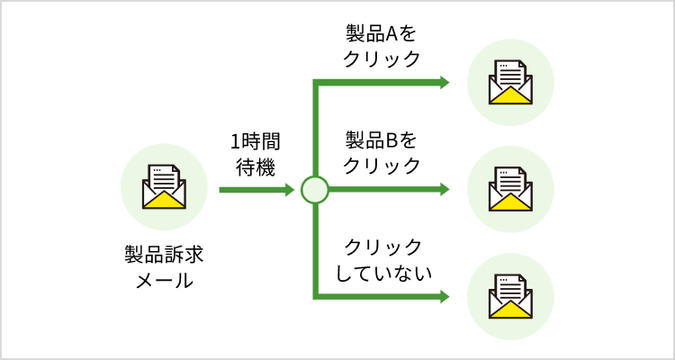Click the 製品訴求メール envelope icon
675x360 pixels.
pyautogui.click(x=164, y=188)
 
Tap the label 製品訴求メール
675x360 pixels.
pyautogui.click(x=164, y=266)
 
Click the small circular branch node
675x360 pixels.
pyautogui.click(x=315, y=190)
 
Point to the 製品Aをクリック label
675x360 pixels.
pyautogui.click(x=382, y=46)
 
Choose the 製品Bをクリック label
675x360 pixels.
pyautogui.click(x=382, y=153)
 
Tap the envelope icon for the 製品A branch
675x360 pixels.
pyautogui.click(x=510, y=83)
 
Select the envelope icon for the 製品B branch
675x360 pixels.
pyautogui.click(x=510, y=189)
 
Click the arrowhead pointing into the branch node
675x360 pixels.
pyautogui.click(x=290, y=190)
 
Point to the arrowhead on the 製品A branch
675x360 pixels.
pyautogui.click(x=444, y=83)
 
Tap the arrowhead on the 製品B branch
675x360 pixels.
pyautogui.click(x=444, y=190)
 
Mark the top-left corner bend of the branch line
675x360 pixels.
pyautogui.click(x=315, y=83)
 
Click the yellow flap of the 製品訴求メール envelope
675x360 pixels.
pyautogui.click(x=164, y=200)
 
